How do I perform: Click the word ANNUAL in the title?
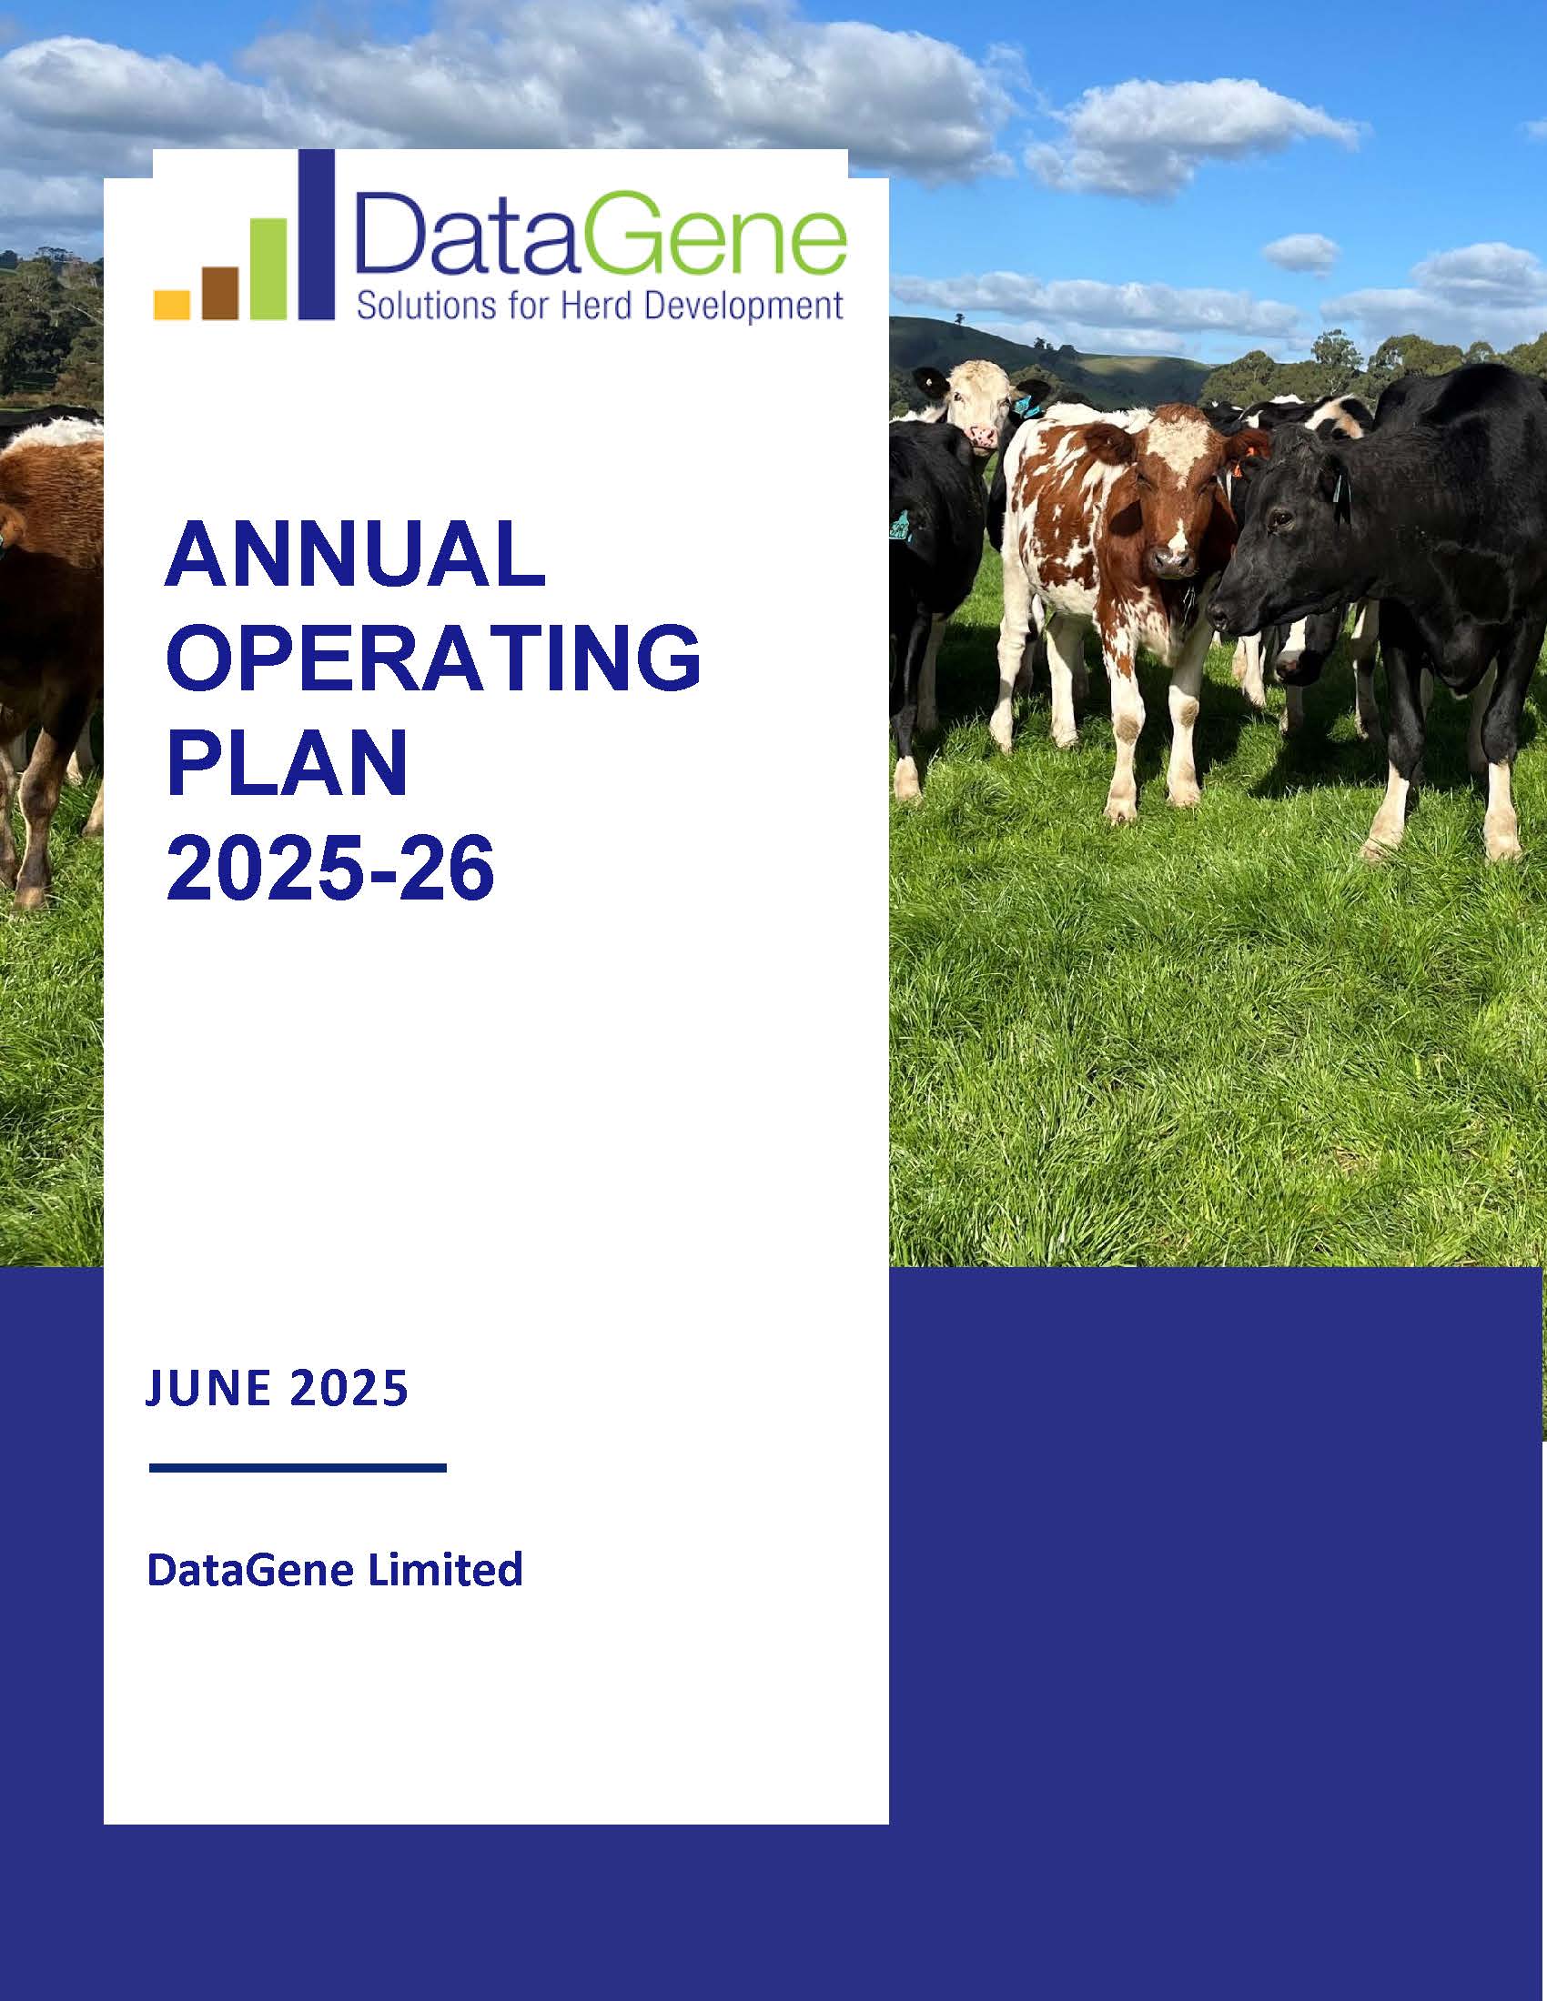(x=355, y=555)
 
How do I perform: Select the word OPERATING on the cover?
(x=433, y=659)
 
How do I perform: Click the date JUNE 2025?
(x=277, y=1388)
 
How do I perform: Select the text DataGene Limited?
(x=335, y=1570)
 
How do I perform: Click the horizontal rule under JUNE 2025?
(x=297, y=1468)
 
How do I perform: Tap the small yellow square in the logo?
(x=171, y=304)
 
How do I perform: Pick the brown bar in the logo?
(x=220, y=292)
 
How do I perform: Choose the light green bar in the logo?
(x=268, y=268)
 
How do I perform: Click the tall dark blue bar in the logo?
(x=317, y=235)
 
